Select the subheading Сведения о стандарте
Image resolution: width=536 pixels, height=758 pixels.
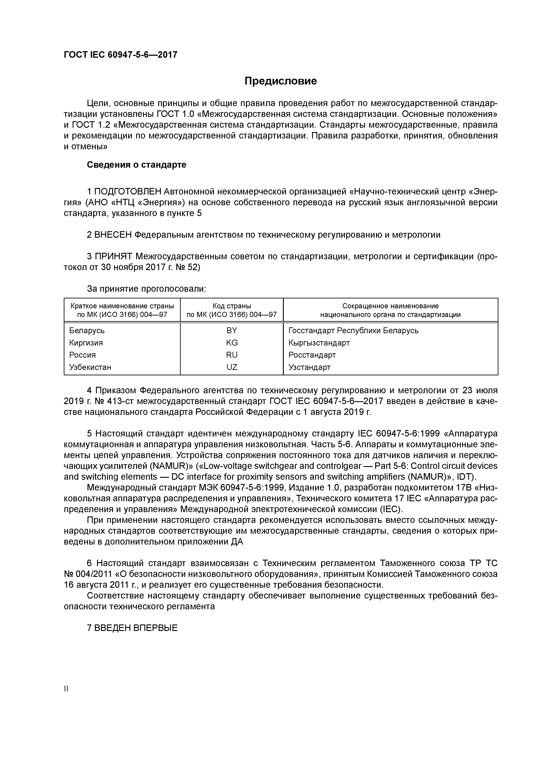136,165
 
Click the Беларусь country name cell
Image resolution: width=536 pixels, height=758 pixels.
87,330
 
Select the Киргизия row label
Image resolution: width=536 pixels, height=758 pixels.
86,343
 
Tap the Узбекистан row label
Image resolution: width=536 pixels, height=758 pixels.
90,367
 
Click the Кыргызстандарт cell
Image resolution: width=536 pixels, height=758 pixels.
319,343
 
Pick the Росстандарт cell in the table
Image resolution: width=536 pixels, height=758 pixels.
312,355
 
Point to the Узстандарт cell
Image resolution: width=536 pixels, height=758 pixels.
309,367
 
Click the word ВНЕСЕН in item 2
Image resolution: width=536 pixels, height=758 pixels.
113,235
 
